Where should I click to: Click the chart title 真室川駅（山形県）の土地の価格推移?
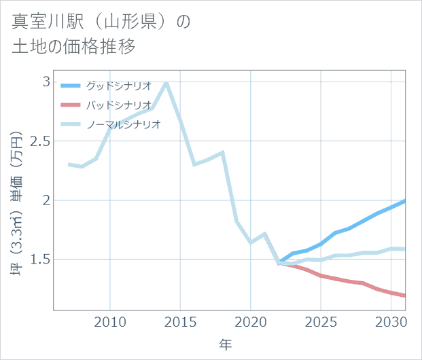tap(102, 34)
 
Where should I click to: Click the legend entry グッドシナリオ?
tap(118, 86)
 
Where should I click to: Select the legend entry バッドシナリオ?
tap(118, 105)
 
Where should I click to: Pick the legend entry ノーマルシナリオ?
tap(123, 124)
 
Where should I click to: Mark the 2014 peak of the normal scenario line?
tap(166, 82)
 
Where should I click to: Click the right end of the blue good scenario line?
tap(404, 201)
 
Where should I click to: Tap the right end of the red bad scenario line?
tap(404, 295)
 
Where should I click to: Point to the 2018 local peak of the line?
tap(222, 153)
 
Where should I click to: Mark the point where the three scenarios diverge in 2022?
tap(279, 262)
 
